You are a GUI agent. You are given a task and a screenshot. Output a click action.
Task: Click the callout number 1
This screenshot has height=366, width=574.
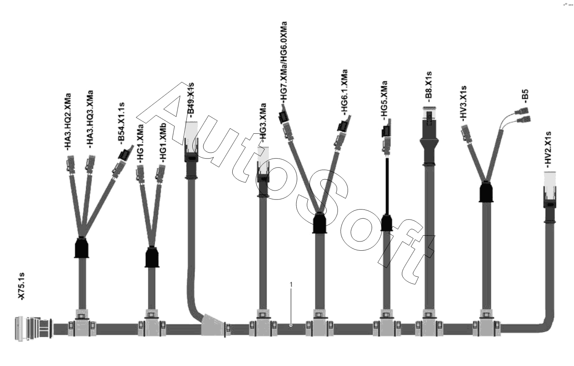coord(291,284)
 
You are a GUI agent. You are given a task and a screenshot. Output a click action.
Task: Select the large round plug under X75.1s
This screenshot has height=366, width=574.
coord(33,327)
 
